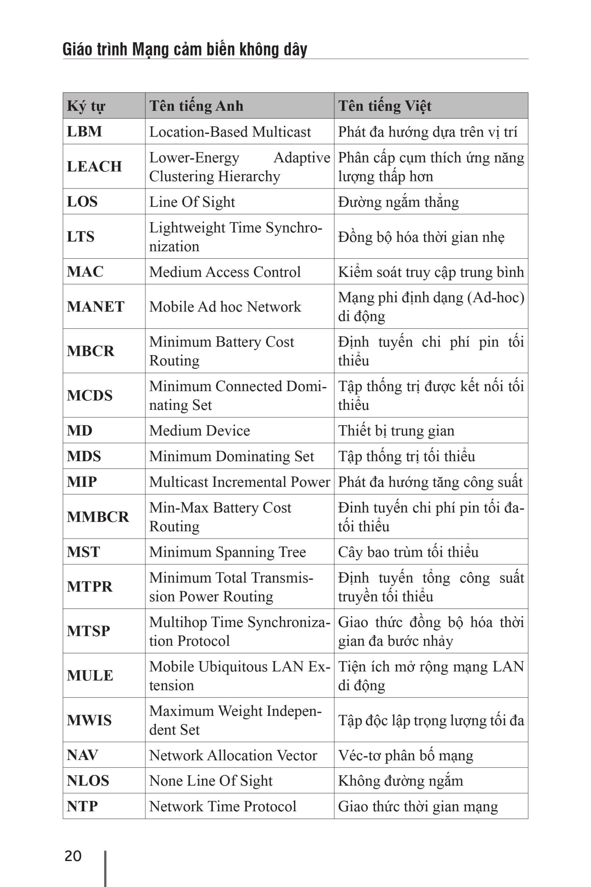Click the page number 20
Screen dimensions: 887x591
click(x=73, y=856)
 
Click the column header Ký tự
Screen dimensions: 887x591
click(x=86, y=106)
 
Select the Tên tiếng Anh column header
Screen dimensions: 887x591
click(x=196, y=106)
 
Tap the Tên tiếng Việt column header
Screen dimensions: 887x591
click(x=384, y=106)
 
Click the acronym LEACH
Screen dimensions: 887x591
click(x=94, y=166)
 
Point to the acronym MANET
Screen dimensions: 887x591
click(x=95, y=306)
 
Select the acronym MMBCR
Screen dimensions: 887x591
click(x=98, y=516)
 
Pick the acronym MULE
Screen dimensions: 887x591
click(x=90, y=675)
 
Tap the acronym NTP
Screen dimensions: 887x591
click(x=82, y=806)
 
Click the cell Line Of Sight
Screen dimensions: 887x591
click(x=192, y=202)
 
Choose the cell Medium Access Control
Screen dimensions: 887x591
click(x=225, y=272)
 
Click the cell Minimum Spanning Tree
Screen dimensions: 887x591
click(x=227, y=552)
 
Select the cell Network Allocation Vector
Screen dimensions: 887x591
click(x=233, y=755)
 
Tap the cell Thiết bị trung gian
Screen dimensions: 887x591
click(x=396, y=430)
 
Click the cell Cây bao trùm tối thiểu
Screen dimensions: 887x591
click(x=408, y=552)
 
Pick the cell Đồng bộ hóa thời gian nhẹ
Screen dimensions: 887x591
click(x=421, y=237)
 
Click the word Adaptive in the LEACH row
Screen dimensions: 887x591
click(x=302, y=157)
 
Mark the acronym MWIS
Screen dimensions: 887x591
click(x=89, y=720)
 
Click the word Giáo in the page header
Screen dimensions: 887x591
click(x=76, y=50)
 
